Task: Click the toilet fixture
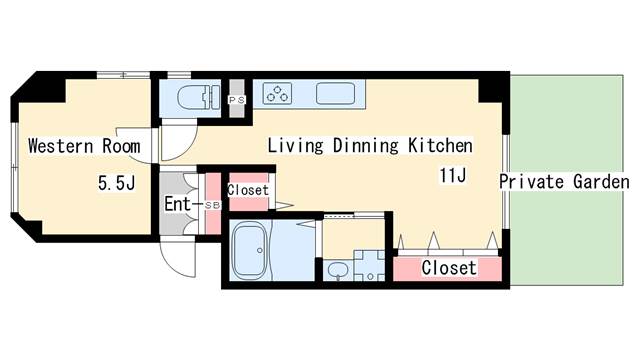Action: coord(196,97)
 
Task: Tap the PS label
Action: coord(237,101)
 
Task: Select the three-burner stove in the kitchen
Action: coord(277,94)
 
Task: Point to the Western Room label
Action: coord(77,147)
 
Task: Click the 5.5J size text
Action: coord(116,184)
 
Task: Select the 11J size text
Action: coord(453,176)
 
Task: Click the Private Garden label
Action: coord(564,183)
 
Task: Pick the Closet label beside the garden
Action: coord(448,269)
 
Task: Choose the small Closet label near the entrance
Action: coord(247,190)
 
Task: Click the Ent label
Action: coord(177,206)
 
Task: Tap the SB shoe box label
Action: coord(211,206)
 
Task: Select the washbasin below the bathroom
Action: coord(337,270)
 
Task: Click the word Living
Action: coord(296,147)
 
